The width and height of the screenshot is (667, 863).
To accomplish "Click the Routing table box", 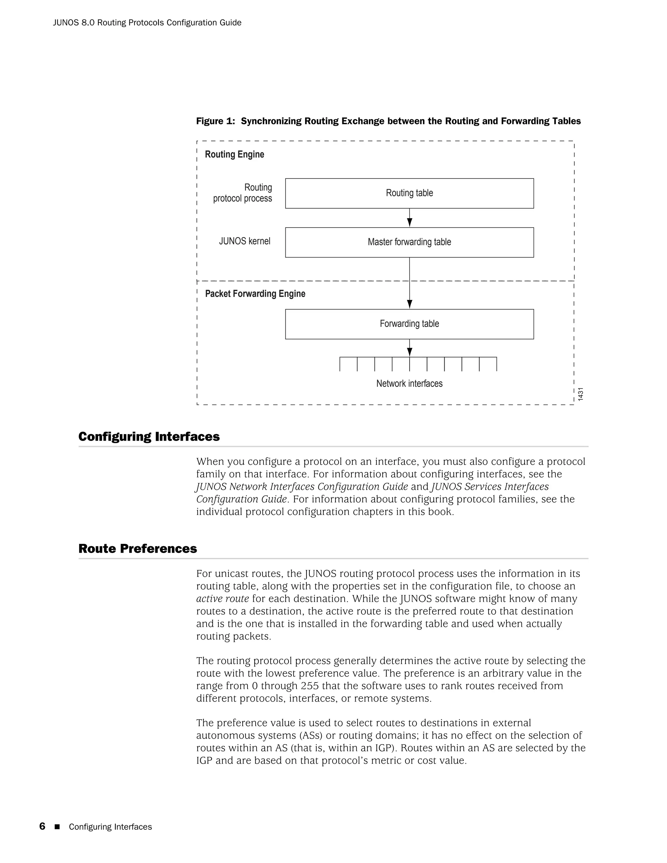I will [x=409, y=193].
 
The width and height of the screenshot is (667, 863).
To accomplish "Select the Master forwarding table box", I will [x=409, y=242].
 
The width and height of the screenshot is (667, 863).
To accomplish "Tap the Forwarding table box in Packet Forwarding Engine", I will [x=409, y=324].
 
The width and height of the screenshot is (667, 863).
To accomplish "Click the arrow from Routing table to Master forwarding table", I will [x=409, y=218].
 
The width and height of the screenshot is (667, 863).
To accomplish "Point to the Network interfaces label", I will [x=409, y=383].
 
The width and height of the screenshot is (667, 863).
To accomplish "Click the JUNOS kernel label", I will [x=245, y=241].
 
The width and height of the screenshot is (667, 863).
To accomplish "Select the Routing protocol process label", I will [x=243, y=193].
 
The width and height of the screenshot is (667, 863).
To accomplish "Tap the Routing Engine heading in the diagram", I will [x=234, y=154].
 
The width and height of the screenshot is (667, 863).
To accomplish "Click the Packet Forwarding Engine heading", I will [x=255, y=294].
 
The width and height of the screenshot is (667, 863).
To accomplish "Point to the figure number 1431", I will [x=580, y=394].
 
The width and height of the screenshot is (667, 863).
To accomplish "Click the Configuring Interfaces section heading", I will [x=149, y=437].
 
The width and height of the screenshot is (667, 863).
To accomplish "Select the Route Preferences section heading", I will [x=137, y=548].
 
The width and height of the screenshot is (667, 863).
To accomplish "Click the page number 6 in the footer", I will [x=42, y=827].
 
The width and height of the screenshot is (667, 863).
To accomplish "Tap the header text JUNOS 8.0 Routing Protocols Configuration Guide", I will [x=147, y=22].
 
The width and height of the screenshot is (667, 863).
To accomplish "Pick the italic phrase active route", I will [x=222, y=599].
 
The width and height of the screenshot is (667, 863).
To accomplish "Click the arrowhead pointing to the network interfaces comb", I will [x=409, y=352].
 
